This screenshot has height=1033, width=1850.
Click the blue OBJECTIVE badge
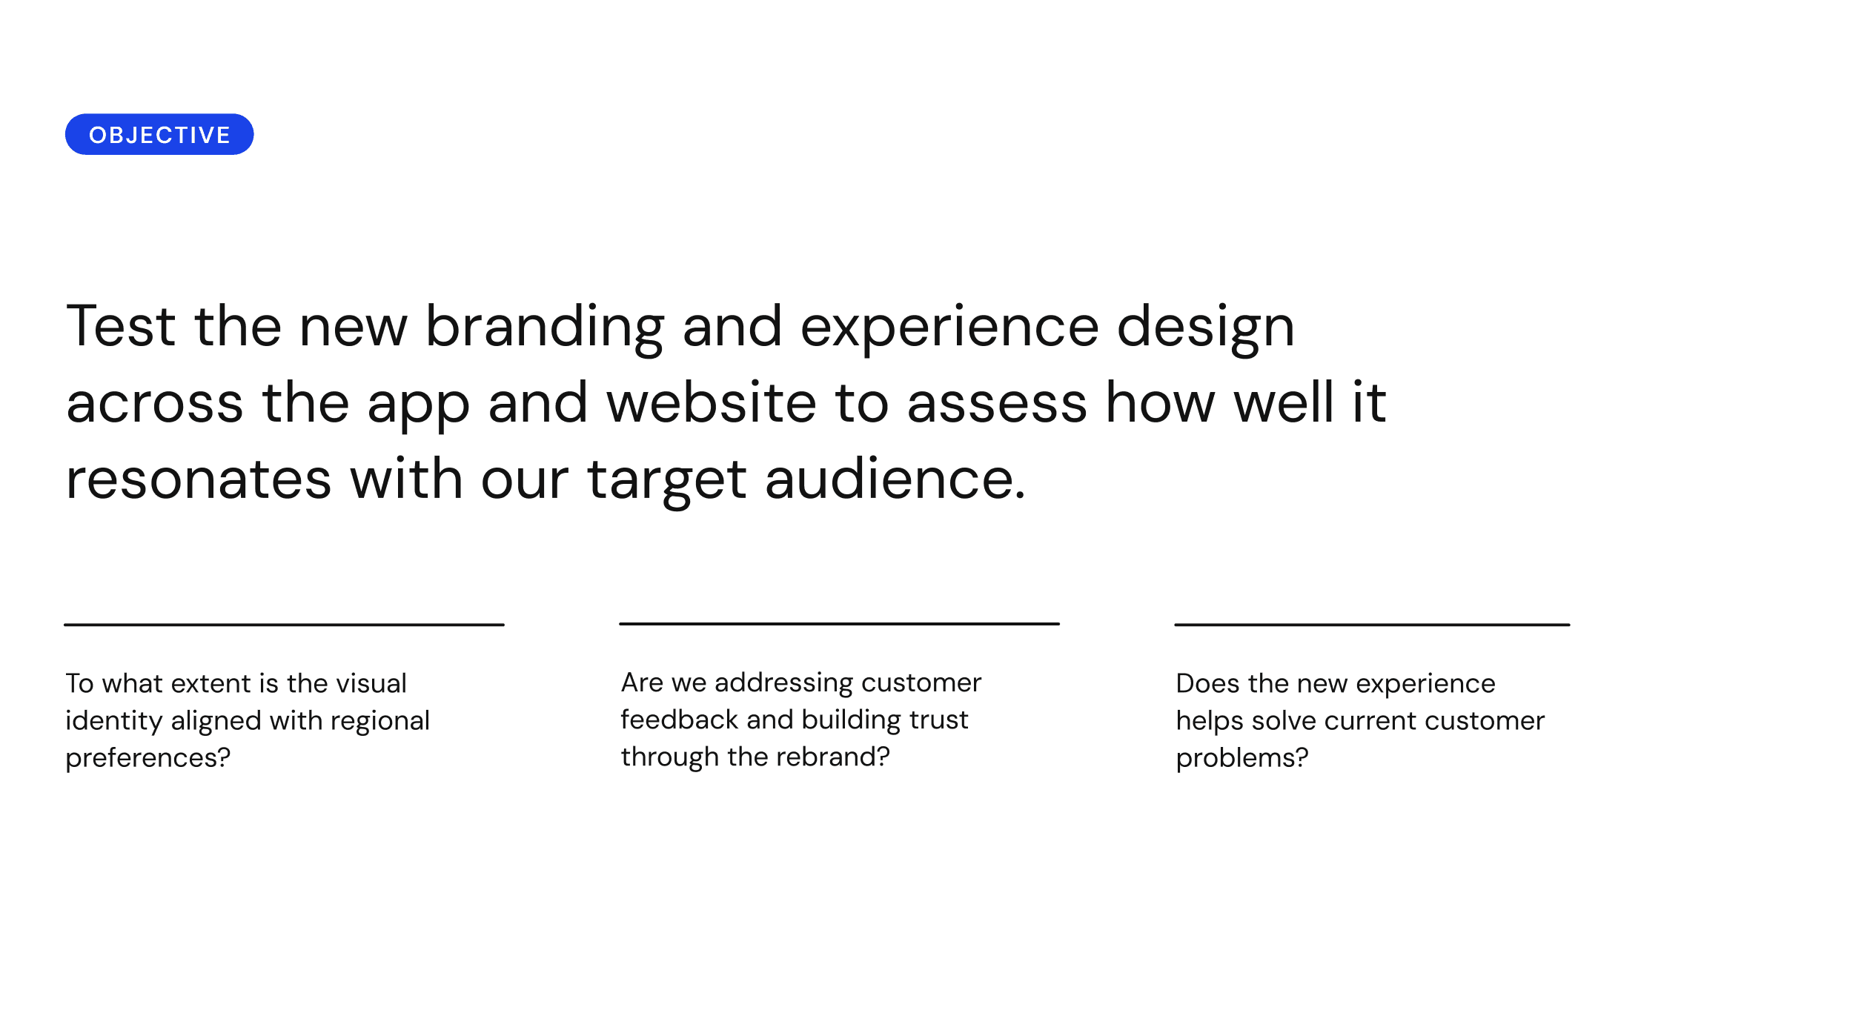[159, 134]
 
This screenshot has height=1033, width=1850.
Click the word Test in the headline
[121, 326]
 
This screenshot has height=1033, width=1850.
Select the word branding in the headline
[545, 329]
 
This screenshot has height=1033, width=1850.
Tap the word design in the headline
[1205, 329]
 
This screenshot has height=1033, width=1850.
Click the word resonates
[199, 482]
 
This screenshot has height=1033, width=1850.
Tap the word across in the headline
[155, 406]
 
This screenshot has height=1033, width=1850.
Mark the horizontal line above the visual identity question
[284, 625]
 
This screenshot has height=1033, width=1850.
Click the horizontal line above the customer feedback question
[839, 624]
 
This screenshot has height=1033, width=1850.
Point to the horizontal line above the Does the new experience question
[1372, 625]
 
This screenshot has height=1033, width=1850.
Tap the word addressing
[783, 683]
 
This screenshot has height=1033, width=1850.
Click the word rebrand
[833, 757]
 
